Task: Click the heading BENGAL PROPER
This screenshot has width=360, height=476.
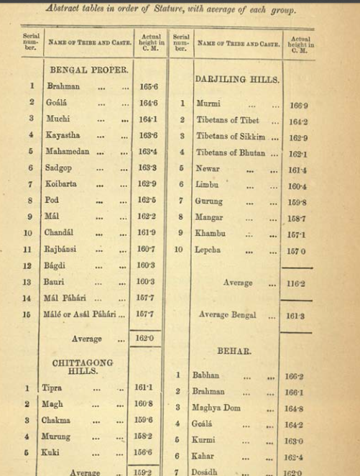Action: pos(88,70)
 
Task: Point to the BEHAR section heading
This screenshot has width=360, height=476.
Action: pos(234,351)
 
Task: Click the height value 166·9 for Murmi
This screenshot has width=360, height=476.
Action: pos(296,105)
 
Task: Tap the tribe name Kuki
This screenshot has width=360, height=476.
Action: pos(51,452)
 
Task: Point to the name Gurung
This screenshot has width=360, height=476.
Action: pos(208,201)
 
